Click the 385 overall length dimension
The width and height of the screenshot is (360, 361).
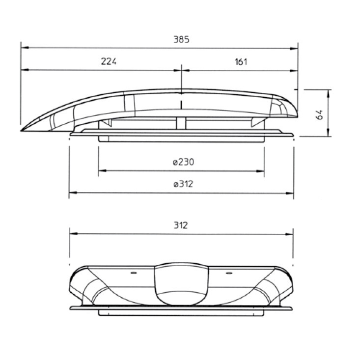pos(181,39)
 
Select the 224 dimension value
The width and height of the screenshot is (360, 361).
pos(109,61)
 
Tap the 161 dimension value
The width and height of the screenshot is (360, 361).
pos(241,62)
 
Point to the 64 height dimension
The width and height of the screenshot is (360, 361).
pos(319,114)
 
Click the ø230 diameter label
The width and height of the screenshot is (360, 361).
pos(184,162)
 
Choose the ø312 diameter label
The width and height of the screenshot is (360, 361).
pos(183,184)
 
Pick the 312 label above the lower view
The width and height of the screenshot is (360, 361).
pos(181,225)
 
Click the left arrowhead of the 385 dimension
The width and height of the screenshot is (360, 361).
pos(25,48)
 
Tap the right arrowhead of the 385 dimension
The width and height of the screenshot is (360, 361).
pos(294,48)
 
